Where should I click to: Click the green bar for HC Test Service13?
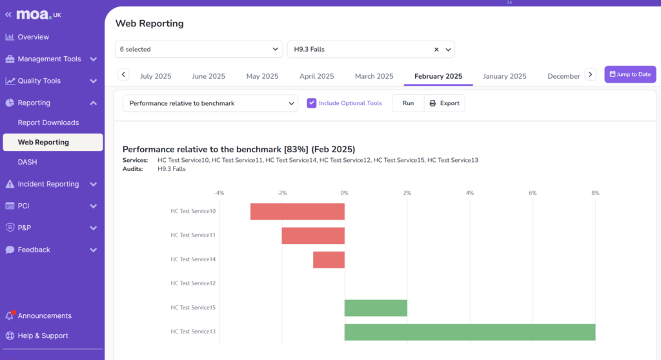click(x=469, y=332)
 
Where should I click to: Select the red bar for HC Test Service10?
click(x=298, y=211)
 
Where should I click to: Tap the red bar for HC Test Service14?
click(x=329, y=259)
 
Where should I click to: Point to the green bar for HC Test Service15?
click(x=376, y=308)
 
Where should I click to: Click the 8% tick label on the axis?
click(x=595, y=193)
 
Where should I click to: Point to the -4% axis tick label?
click(x=219, y=193)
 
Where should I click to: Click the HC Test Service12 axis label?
click(x=193, y=283)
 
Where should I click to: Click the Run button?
click(x=408, y=103)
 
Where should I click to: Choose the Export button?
click(x=445, y=103)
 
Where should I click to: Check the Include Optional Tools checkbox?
click(x=312, y=103)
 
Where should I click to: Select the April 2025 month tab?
click(x=316, y=76)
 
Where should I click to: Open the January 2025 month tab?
click(x=505, y=76)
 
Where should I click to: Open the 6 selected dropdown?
click(x=199, y=49)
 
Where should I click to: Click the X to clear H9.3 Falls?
click(x=436, y=49)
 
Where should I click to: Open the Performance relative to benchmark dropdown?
click(x=210, y=103)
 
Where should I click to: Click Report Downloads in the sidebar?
click(x=48, y=123)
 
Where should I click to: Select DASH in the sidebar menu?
click(x=27, y=162)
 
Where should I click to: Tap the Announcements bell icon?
click(x=10, y=316)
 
